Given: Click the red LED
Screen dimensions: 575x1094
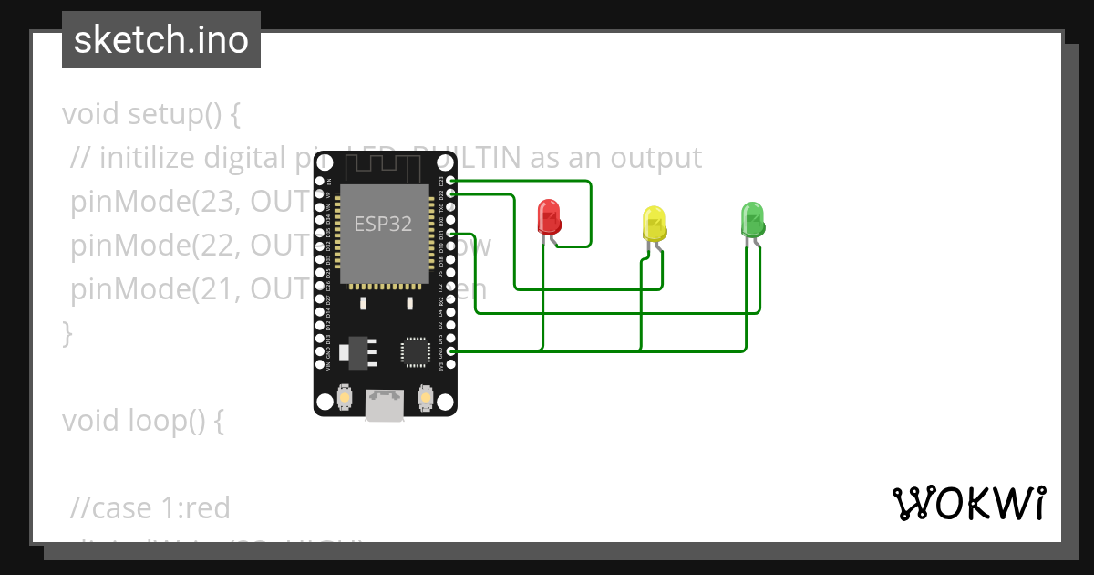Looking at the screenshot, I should coord(549,217).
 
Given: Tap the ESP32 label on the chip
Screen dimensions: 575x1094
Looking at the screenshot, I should coord(384,225).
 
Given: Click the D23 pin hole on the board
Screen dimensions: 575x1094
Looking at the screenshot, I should coord(451,181).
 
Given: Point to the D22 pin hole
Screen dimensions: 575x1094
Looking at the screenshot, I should coord(451,193).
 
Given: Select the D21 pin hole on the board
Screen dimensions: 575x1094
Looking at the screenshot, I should coord(451,234).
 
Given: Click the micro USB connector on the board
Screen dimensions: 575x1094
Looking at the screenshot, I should coord(384,405).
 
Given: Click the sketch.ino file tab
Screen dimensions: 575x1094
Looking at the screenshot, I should coord(161,40).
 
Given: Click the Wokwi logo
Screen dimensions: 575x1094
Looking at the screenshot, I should coord(968,503).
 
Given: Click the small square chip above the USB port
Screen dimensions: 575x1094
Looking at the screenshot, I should coord(415,351).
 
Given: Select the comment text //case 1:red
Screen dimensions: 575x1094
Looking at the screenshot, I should coord(150,507).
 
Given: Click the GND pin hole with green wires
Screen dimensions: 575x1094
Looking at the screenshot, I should coord(451,351).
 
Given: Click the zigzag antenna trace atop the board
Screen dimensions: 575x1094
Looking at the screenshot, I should coord(384,165).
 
